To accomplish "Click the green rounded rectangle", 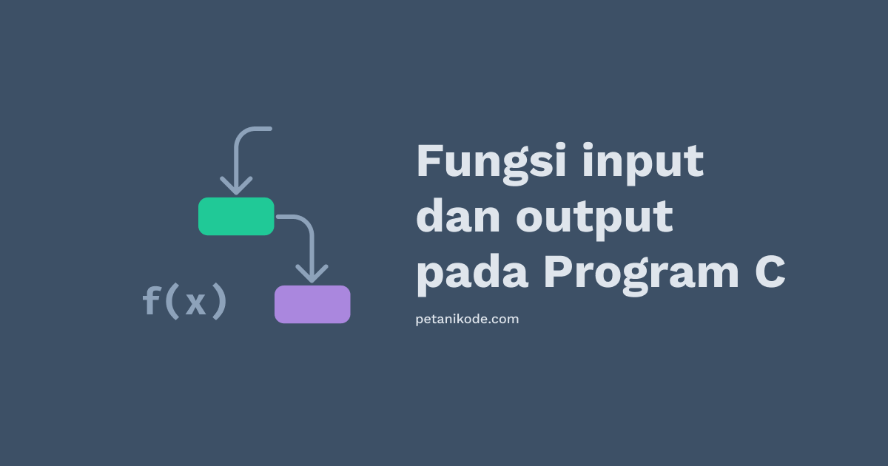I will point(236,216).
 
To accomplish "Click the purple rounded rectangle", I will point(312,304).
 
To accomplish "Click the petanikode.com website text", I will point(467,320).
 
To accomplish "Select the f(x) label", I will point(184,302).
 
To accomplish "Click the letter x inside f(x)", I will point(195,304).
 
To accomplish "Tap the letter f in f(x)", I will point(152,301).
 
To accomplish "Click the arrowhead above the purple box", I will point(312,274).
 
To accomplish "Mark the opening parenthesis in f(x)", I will point(173,302).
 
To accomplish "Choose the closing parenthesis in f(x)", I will point(218,302).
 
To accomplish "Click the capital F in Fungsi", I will point(430,161).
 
